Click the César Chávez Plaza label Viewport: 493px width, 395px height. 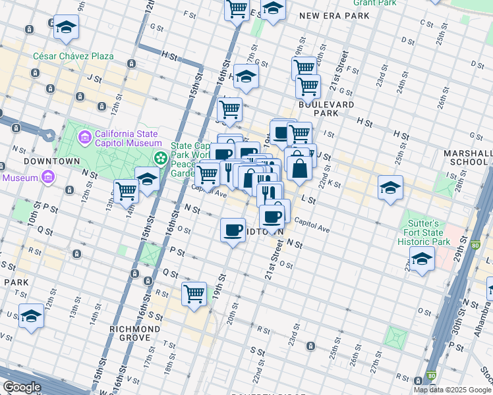74,56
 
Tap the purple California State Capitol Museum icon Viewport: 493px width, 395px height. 85,138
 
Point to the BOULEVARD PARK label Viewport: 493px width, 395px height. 326,109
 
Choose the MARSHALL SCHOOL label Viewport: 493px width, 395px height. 468,157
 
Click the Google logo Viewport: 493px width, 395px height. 22,387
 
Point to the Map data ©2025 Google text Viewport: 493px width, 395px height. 451,390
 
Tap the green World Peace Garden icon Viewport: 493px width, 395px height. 160,158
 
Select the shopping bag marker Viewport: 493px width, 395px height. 300,168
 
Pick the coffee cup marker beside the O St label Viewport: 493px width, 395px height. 233,230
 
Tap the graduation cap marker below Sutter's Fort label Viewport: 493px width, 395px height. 422,260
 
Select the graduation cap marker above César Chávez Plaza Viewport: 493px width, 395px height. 65,28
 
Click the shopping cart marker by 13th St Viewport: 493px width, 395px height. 126,192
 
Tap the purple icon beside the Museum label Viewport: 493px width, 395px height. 47,177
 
